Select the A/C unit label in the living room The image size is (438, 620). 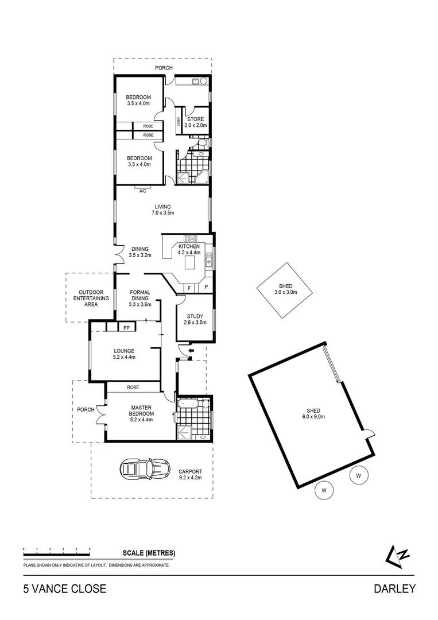[142, 191]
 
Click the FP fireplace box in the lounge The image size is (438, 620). [125, 328]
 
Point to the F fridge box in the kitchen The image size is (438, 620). [189, 287]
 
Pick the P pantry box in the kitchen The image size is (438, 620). [206, 287]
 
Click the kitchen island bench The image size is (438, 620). [191, 263]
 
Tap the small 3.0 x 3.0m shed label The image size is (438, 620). [285, 289]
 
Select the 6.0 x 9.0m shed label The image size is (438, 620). [313, 414]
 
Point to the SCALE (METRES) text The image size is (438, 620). [149, 553]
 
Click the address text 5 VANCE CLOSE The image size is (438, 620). [64, 588]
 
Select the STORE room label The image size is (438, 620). [195, 122]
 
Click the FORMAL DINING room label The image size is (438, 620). [140, 294]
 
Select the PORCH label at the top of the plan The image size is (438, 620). [164, 68]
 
